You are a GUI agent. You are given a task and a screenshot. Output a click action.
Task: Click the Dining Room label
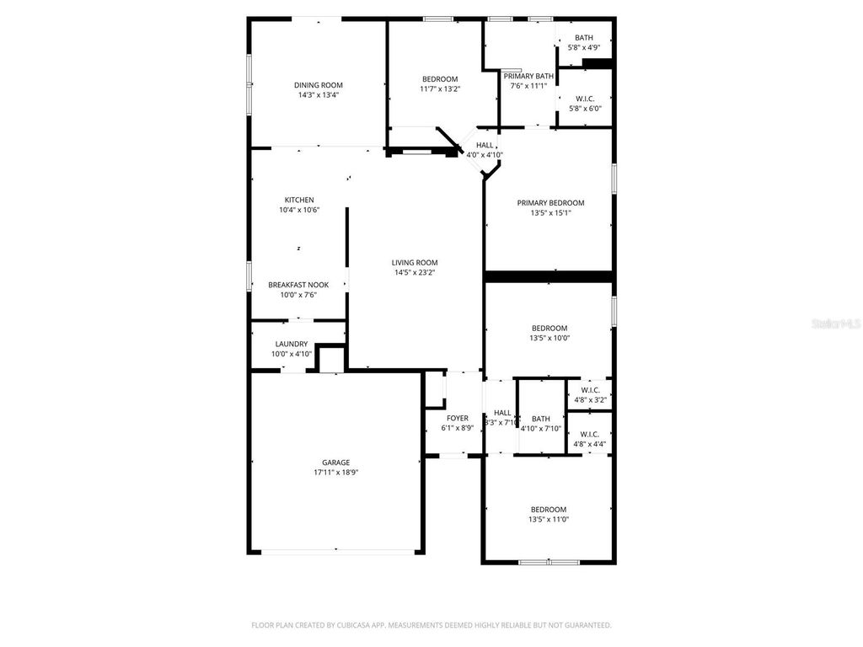[318, 85]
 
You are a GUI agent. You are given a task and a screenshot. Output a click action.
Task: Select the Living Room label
[414, 263]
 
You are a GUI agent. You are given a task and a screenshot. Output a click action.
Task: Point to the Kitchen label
[298, 200]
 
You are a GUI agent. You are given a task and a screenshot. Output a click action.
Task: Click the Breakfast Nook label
[298, 285]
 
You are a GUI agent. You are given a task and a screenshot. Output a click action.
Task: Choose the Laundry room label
[292, 344]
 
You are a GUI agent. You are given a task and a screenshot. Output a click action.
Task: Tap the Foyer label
[457, 418]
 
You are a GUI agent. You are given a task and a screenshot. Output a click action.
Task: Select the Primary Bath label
[528, 76]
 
